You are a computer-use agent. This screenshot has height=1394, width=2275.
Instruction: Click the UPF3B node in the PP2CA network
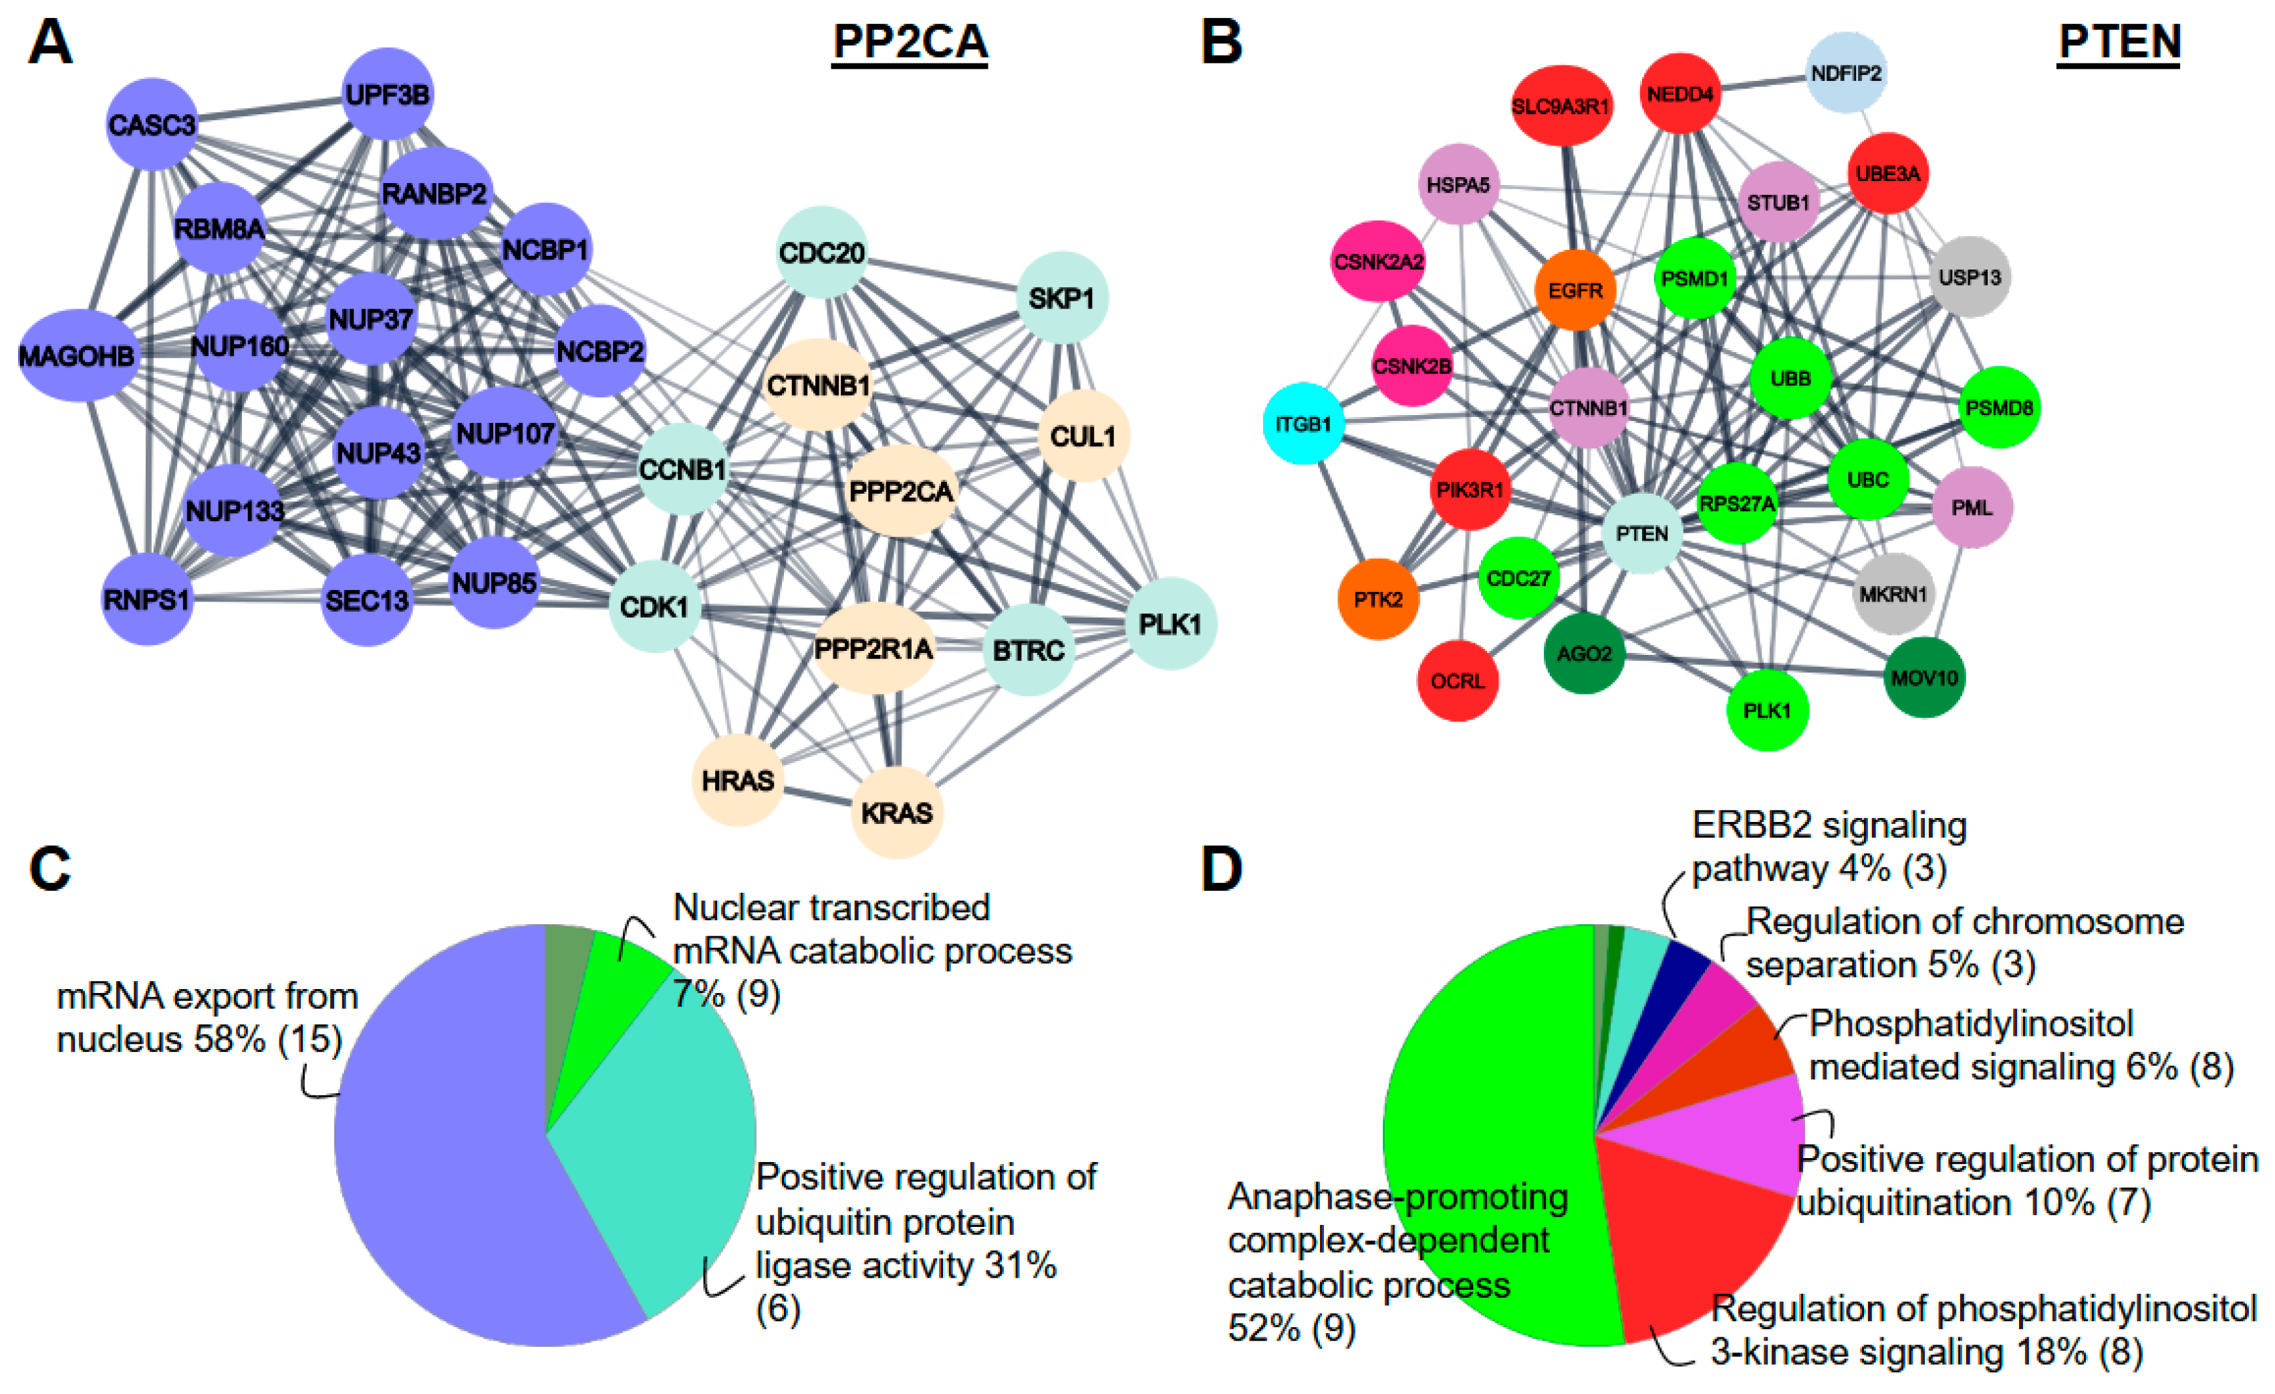[x=387, y=94]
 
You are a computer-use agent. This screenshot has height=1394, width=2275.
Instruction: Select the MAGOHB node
[x=78, y=356]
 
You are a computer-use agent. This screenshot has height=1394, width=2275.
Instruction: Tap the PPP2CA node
[x=900, y=491]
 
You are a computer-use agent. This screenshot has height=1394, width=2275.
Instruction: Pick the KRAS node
[x=896, y=813]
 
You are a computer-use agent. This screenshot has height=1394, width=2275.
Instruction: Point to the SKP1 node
[x=1062, y=297]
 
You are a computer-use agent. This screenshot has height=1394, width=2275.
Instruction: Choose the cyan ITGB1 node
[x=1303, y=424]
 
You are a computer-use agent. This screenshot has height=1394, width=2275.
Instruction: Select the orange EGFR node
[x=1575, y=290]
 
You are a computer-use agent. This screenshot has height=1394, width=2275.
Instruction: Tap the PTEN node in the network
[x=1641, y=533]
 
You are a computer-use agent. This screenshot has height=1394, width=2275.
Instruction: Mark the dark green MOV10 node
[x=1924, y=678]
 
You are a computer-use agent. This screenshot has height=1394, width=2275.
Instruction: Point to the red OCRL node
[x=1458, y=682]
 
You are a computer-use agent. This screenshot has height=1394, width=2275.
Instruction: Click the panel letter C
[x=50, y=869]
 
